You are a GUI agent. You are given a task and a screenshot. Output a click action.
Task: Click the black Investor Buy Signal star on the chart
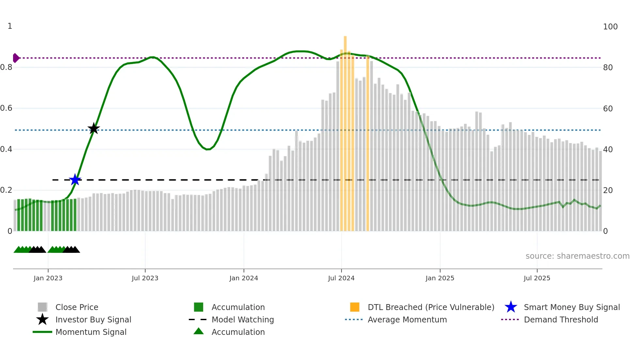[x=94, y=129]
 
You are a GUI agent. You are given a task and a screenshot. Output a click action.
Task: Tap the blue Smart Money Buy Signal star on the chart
[x=75, y=180]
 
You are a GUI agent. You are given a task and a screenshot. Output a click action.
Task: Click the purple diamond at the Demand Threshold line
[x=16, y=58]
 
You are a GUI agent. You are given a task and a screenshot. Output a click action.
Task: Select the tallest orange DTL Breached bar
[x=345, y=131]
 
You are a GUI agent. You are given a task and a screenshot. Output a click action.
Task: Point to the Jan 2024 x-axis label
[x=244, y=278]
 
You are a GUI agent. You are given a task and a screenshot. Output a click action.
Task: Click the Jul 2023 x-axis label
[x=145, y=278]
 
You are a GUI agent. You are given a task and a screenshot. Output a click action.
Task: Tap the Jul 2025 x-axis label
[x=537, y=278]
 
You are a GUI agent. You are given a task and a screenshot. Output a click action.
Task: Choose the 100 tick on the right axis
[x=610, y=27]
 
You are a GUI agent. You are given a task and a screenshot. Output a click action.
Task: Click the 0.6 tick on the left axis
[x=6, y=108]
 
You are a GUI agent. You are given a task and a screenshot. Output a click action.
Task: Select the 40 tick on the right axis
[x=608, y=149]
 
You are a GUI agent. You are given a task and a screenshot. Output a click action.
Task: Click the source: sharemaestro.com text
[x=577, y=256]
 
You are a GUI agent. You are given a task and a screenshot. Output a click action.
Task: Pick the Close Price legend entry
[x=77, y=307]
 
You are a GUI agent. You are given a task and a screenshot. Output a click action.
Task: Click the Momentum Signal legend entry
[x=91, y=332]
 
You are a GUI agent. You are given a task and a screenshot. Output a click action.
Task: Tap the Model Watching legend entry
[x=243, y=319]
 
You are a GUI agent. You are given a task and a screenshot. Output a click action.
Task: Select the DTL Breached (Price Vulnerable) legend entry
[x=431, y=307]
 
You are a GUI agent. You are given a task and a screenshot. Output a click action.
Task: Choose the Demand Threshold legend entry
[x=561, y=319]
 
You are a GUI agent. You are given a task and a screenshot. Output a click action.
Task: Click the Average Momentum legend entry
[x=407, y=319]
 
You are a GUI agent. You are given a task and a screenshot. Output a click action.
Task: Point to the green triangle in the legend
[x=199, y=331]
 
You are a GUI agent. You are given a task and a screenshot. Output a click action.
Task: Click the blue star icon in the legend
[x=511, y=307]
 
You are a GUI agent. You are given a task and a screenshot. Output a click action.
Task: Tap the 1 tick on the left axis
[x=10, y=26]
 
